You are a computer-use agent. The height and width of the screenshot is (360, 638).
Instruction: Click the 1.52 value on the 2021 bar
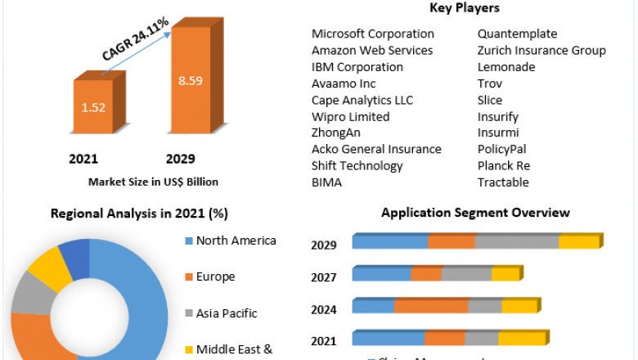pos(93,106)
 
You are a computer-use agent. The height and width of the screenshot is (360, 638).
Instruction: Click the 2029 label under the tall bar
pos(181,159)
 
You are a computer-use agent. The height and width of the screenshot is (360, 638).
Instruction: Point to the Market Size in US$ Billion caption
pos(153,182)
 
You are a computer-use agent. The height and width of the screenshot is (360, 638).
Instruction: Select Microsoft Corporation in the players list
pos(372,34)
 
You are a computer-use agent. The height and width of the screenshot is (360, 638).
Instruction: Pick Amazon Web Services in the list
pos(372,51)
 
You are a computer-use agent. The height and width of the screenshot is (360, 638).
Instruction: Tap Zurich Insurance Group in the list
pos(541,51)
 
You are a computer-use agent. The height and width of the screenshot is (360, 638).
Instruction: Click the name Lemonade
pos(506,67)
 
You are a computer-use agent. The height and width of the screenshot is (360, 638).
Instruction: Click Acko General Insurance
pos(376,149)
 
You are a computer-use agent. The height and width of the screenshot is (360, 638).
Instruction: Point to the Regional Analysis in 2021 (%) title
pos(139,214)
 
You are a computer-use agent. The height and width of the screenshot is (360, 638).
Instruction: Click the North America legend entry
pos(236,241)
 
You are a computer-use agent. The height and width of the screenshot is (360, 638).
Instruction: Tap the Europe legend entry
pos(215,277)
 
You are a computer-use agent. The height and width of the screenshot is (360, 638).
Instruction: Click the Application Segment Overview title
pos(475,213)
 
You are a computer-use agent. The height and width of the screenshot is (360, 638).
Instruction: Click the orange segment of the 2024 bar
pos(431,306)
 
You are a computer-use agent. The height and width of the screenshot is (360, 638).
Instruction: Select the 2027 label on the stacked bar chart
pos(324,277)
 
